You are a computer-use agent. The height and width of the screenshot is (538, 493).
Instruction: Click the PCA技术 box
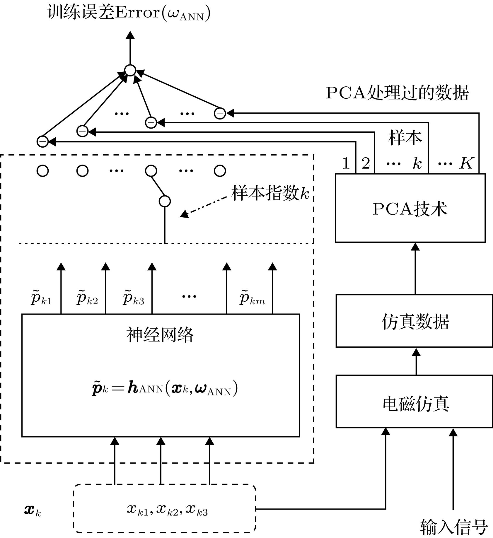pyautogui.click(x=410, y=208)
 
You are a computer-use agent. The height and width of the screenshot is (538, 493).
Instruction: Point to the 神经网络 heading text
pyautogui.click(x=160, y=334)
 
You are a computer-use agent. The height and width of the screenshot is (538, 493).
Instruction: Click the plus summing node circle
pyautogui.click(x=130, y=70)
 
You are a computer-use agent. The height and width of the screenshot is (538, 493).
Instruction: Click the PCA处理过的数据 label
pyautogui.click(x=397, y=93)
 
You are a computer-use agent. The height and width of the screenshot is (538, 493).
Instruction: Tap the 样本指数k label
pyautogui.click(x=270, y=193)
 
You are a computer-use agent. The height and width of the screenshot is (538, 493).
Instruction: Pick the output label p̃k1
pyautogui.click(x=41, y=298)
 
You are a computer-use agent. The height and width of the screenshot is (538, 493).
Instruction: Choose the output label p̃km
pyautogui.click(x=252, y=298)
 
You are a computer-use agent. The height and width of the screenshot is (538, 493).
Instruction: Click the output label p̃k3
pyautogui.click(x=133, y=298)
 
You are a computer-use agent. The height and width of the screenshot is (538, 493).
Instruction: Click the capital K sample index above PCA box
pyautogui.click(x=466, y=163)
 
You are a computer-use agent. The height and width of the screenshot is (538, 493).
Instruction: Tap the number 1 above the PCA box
pyautogui.click(x=346, y=163)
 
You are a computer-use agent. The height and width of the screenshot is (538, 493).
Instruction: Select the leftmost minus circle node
pyautogui.click(x=42, y=142)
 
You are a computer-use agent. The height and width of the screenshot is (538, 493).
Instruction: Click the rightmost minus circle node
pyautogui.click(x=220, y=113)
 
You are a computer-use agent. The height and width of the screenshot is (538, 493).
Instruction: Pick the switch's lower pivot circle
pyautogui.click(x=165, y=201)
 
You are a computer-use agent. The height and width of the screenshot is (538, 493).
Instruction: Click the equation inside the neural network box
pyautogui.click(x=165, y=388)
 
